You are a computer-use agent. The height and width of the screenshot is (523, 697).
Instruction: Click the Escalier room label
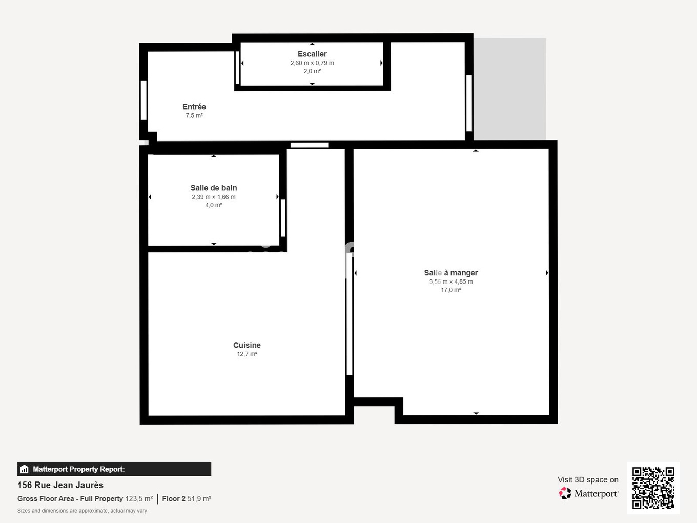312,54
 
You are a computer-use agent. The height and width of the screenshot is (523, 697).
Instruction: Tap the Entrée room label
194,107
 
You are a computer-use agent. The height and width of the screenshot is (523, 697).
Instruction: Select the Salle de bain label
214,188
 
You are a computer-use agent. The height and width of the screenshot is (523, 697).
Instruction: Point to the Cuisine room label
247,345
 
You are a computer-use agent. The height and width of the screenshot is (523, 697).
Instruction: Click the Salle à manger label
451,273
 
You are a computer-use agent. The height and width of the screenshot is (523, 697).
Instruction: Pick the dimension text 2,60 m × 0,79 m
312,63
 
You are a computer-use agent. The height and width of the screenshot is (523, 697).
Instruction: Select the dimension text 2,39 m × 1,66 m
214,197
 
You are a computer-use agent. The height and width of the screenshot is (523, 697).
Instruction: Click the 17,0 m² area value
451,290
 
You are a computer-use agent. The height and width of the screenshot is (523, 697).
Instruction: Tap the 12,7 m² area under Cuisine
247,354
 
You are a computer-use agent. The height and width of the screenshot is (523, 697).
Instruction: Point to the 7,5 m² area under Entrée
194,116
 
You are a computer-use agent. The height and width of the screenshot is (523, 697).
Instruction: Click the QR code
653,488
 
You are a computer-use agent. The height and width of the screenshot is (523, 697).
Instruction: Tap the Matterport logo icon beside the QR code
565,493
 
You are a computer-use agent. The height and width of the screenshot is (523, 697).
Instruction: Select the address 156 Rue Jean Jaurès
60,485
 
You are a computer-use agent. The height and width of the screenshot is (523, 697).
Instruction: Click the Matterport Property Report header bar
114,469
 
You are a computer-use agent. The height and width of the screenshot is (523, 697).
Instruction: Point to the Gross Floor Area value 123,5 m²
139,499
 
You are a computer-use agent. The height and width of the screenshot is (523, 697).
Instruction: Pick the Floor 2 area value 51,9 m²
199,499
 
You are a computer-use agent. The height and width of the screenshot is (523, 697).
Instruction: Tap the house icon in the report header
24,469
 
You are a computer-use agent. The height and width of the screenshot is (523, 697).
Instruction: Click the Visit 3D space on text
588,480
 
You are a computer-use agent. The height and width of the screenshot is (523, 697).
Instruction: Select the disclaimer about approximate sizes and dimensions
82,511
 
